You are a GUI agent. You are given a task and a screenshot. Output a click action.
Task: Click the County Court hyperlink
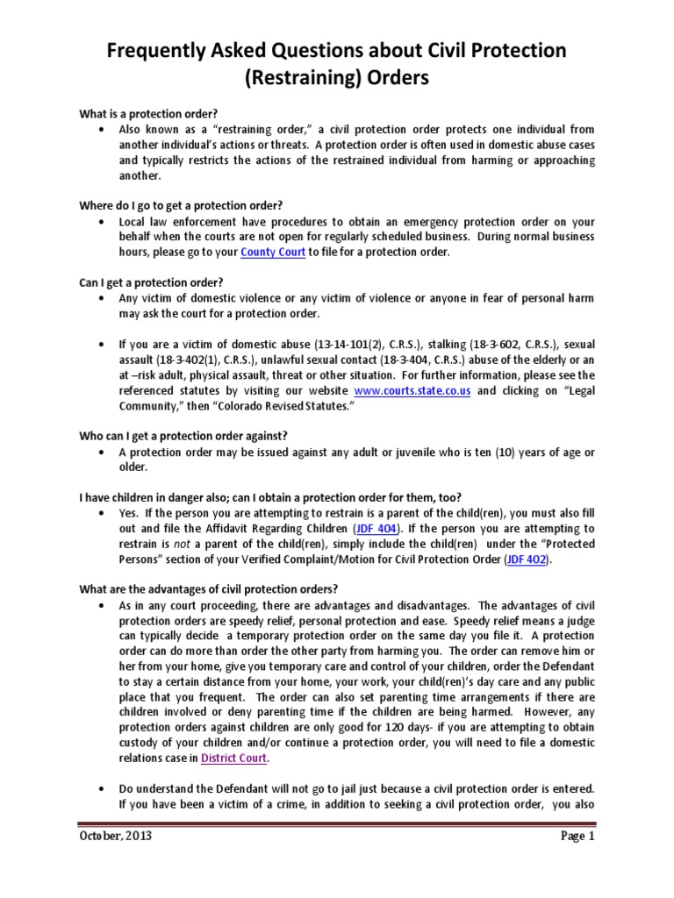(x=273, y=252)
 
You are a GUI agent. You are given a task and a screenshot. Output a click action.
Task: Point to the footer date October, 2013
(x=116, y=837)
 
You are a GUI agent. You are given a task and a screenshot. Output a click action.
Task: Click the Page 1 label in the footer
(x=578, y=837)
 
